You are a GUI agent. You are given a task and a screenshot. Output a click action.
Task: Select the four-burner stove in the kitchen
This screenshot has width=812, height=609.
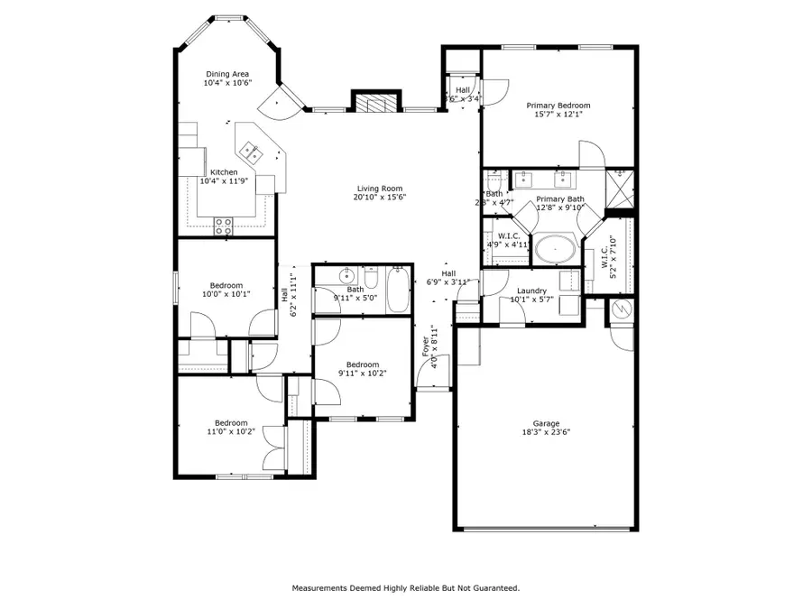pos(224,226)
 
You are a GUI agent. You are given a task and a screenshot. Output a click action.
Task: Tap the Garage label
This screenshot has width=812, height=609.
pos(545,424)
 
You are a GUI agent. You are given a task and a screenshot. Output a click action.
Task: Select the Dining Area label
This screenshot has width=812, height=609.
pos(227,74)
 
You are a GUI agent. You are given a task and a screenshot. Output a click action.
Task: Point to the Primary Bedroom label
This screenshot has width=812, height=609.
pos(558,106)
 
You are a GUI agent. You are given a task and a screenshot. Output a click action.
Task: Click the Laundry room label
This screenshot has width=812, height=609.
pos(531,291)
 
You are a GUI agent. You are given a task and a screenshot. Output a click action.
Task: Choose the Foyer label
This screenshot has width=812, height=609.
pos(426,346)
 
